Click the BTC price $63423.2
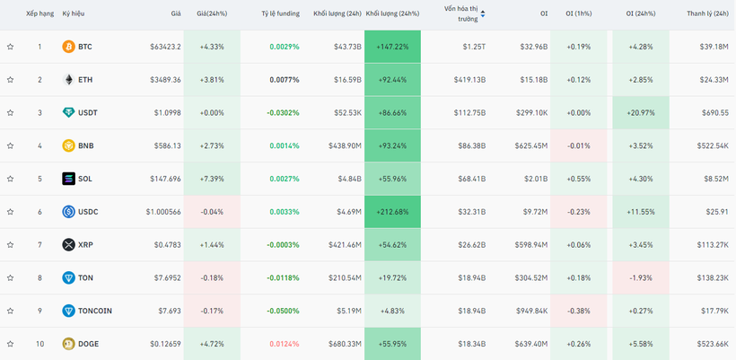click(x=162, y=47)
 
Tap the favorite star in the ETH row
click(x=11, y=80)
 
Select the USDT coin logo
click(x=68, y=113)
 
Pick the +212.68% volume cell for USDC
click(x=392, y=212)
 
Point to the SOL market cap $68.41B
click(x=469, y=179)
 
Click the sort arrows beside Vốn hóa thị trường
click(x=483, y=13)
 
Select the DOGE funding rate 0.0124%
click(x=284, y=344)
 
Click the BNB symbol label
click(x=85, y=145)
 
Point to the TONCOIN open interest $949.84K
click(x=529, y=311)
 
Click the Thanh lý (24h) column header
click(x=707, y=13)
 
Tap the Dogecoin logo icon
click(x=68, y=344)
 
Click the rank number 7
click(x=39, y=245)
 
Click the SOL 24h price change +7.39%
click(x=212, y=179)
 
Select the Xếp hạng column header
click(x=39, y=13)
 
